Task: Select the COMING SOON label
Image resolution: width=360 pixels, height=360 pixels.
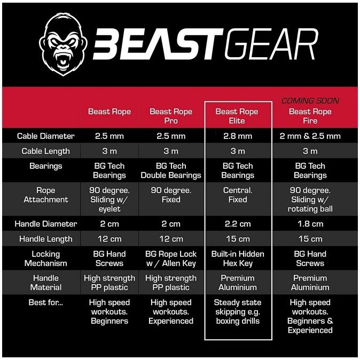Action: [x=310, y=100]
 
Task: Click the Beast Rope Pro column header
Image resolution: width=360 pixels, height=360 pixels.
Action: [x=171, y=116]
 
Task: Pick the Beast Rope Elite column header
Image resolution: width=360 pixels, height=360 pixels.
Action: [x=237, y=116]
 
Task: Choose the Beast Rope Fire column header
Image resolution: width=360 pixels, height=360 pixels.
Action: [x=310, y=116]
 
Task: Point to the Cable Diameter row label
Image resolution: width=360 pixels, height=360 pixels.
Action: [x=46, y=136]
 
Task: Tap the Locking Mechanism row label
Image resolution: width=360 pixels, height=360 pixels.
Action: [x=46, y=259]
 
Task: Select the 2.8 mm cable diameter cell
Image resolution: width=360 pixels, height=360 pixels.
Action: [x=238, y=136]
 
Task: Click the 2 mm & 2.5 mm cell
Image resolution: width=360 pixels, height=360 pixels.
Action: [x=310, y=136]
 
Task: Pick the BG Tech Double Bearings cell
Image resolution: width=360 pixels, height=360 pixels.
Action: [x=171, y=171]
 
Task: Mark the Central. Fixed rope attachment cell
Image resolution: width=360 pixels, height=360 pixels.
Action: [x=238, y=195]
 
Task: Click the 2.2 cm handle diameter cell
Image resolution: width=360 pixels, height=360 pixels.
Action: [x=238, y=224]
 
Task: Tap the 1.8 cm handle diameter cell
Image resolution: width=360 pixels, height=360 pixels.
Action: [x=310, y=224]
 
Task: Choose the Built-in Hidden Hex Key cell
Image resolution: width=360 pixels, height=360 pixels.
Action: [x=238, y=259]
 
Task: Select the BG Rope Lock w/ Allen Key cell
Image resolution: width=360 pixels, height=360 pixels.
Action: [x=171, y=259]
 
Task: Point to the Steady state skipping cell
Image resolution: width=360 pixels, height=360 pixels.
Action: [x=238, y=311]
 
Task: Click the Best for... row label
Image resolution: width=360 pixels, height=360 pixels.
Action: [x=46, y=303]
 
